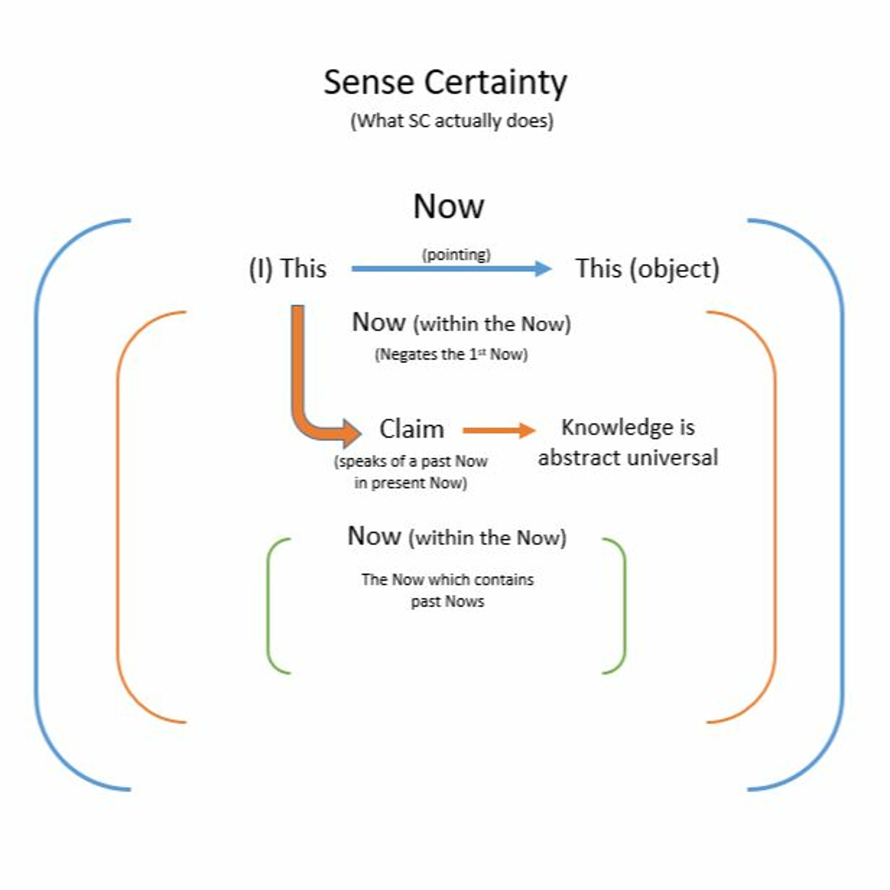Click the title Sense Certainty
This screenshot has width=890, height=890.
pyautogui.click(x=445, y=83)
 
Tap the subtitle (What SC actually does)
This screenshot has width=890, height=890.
pyautogui.click(x=452, y=121)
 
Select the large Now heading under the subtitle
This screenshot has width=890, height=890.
pyautogui.click(x=448, y=206)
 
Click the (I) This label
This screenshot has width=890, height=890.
pyautogui.click(x=288, y=268)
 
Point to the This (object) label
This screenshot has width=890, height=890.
pyautogui.click(x=647, y=268)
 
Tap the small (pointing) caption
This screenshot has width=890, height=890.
pyautogui.click(x=456, y=254)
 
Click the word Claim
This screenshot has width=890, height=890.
pyautogui.click(x=411, y=429)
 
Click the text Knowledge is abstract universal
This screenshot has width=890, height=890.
pyautogui.click(x=628, y=443)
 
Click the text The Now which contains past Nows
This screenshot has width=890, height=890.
pyautogui.click(x=447, y=590)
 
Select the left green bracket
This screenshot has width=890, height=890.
pyautogui.click(x=268, y=606)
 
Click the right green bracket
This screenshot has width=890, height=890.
pyautogui.click(x=625, y=606)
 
